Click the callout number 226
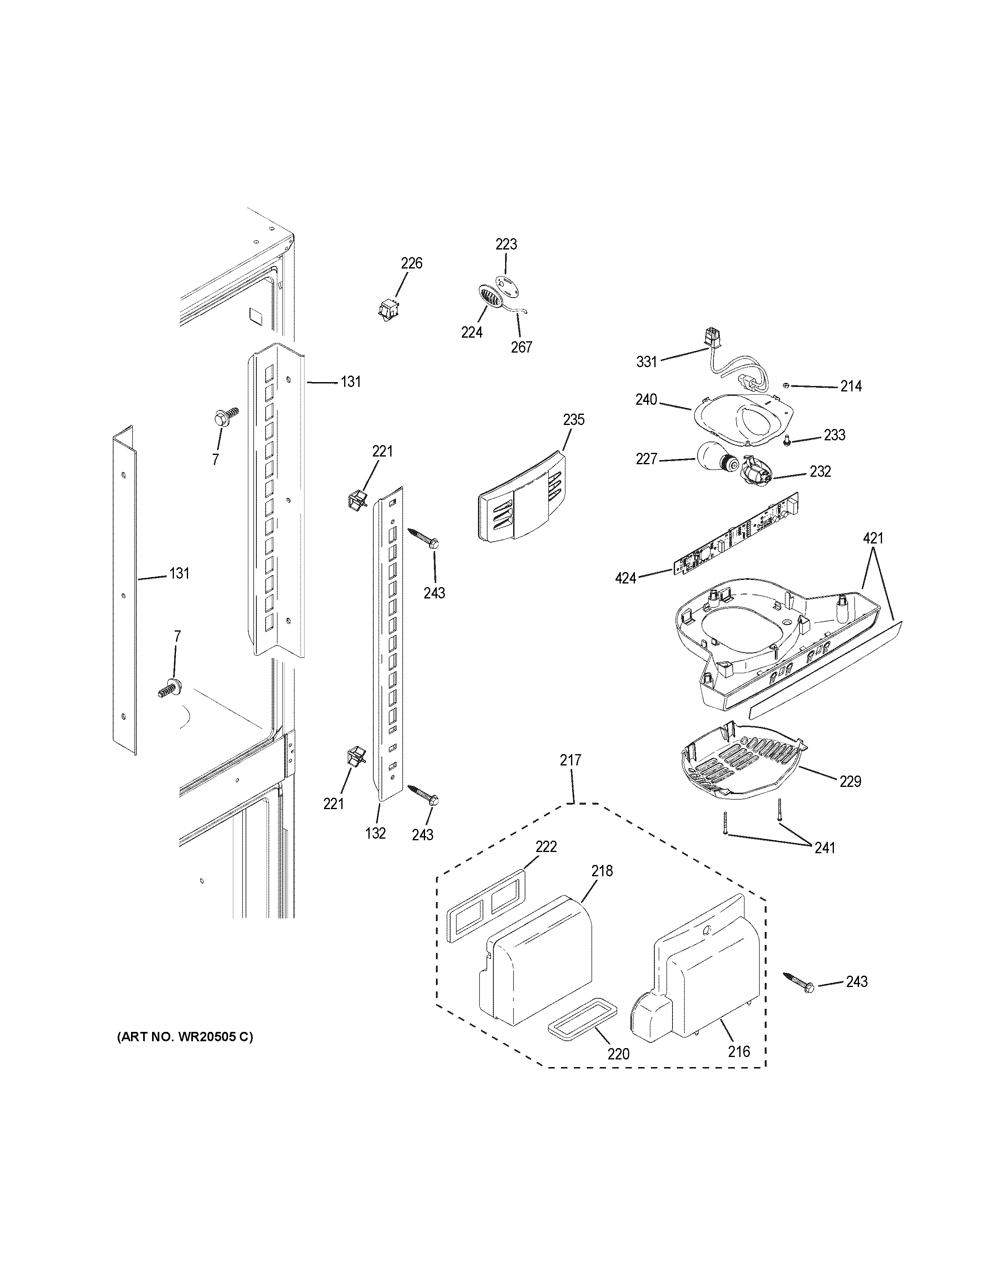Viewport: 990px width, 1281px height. (x=411, y=263)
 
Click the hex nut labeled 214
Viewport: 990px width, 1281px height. (x=787, y=385)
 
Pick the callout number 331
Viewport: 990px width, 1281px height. (x=647, y=362)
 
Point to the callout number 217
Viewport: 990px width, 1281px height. (x=570, y=760)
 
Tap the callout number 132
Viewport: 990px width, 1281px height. (x=375, y=833)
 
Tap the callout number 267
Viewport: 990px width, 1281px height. (x=521, y=347)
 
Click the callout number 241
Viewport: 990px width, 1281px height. (x=825, y=847)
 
